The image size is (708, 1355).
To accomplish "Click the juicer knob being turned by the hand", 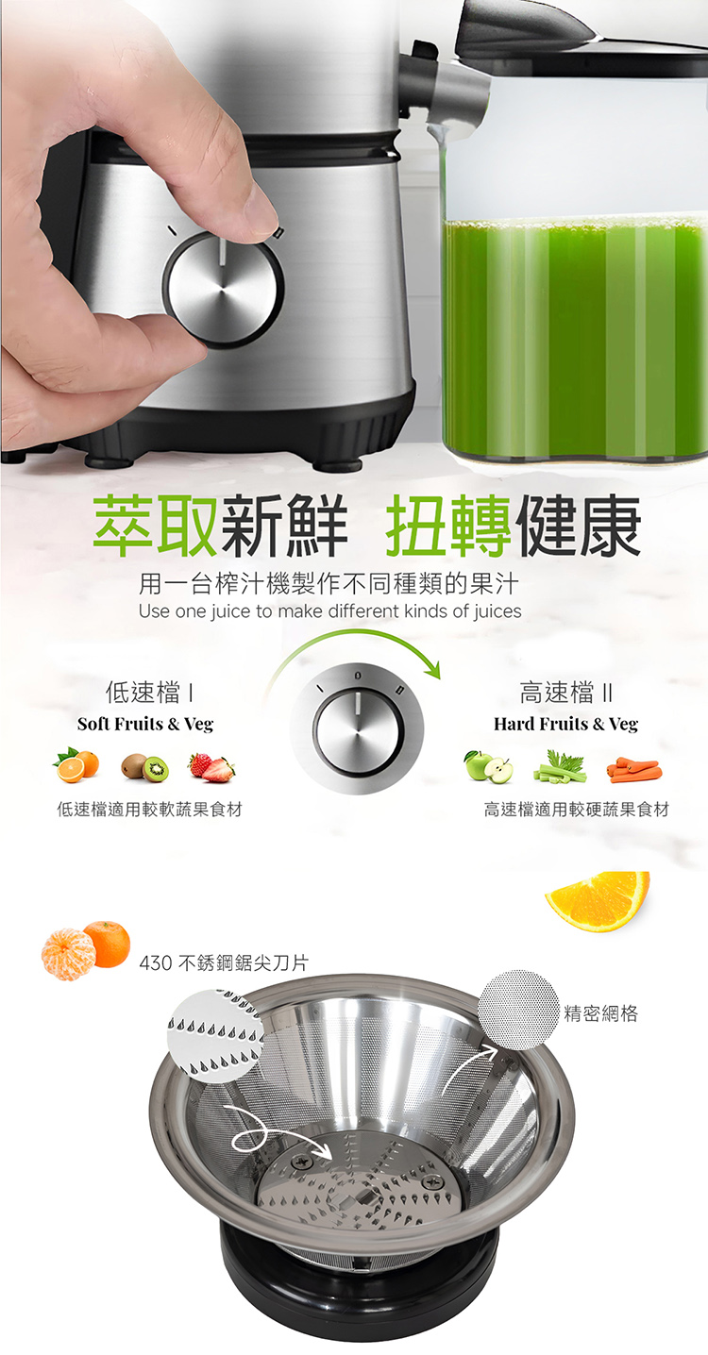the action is point(223,289).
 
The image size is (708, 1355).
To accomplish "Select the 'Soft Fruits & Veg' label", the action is point(145,724).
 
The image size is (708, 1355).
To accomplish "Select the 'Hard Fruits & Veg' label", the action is point(565,724).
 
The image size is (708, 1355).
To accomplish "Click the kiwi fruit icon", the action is point(144,768).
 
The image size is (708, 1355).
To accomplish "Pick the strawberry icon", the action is point(211,768).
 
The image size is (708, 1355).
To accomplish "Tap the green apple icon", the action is point(488,767).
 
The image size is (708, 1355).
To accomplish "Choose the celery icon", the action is point(560,766).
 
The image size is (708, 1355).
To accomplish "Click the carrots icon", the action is point(634,770).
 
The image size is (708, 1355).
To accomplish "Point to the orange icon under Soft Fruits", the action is point(76,766).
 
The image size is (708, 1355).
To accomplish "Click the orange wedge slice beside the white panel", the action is point(598,900).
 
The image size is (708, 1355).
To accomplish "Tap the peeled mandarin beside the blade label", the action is point(68,954).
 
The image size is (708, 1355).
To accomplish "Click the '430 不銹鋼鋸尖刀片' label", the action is point(224,962).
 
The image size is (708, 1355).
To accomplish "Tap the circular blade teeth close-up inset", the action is point(216,1036).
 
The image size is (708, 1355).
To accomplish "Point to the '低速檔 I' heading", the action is point(149,692).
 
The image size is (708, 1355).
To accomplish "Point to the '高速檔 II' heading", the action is point(566,692).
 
